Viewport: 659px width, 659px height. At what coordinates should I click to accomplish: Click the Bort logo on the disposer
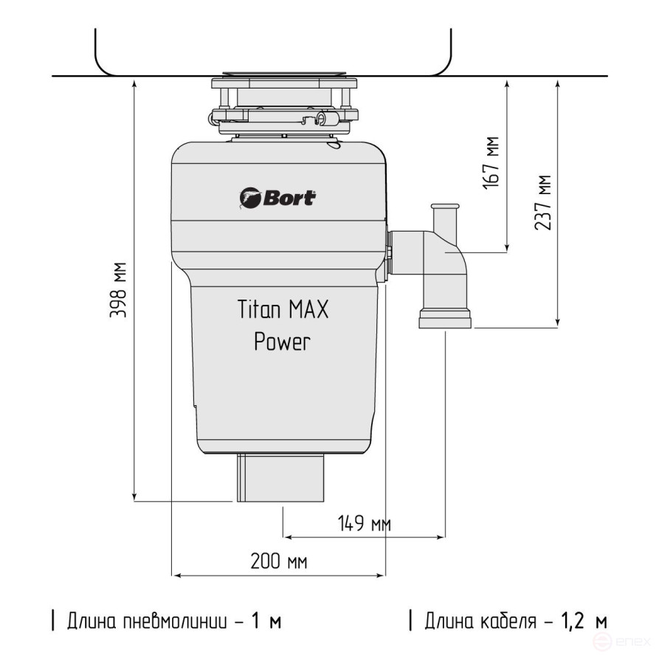click(278, 198)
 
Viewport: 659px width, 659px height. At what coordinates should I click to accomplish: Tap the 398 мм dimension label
click(118, 290)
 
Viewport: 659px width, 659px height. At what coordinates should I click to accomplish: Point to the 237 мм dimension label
click(544, 202)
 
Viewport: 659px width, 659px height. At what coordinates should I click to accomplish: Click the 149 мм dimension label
click(364, 524)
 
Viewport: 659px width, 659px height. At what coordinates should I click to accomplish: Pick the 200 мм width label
click(278, 562)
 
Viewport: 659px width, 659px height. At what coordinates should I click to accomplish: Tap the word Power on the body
click(282, 342)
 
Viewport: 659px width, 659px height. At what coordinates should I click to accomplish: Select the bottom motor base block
click(281, 477)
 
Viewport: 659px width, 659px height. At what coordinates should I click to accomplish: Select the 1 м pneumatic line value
click(266, 621)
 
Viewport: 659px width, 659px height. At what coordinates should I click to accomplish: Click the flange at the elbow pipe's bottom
click(446, 320)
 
